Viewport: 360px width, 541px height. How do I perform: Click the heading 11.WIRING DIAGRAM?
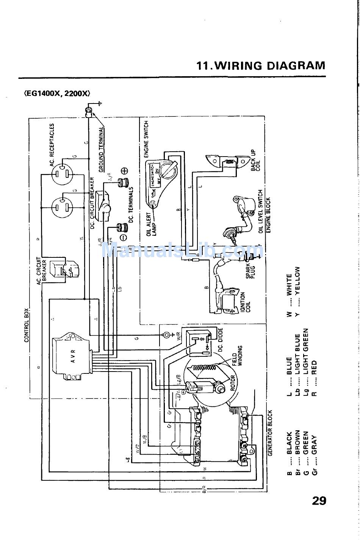point(261,66)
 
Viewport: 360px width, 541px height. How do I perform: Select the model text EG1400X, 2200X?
point(57,94)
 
